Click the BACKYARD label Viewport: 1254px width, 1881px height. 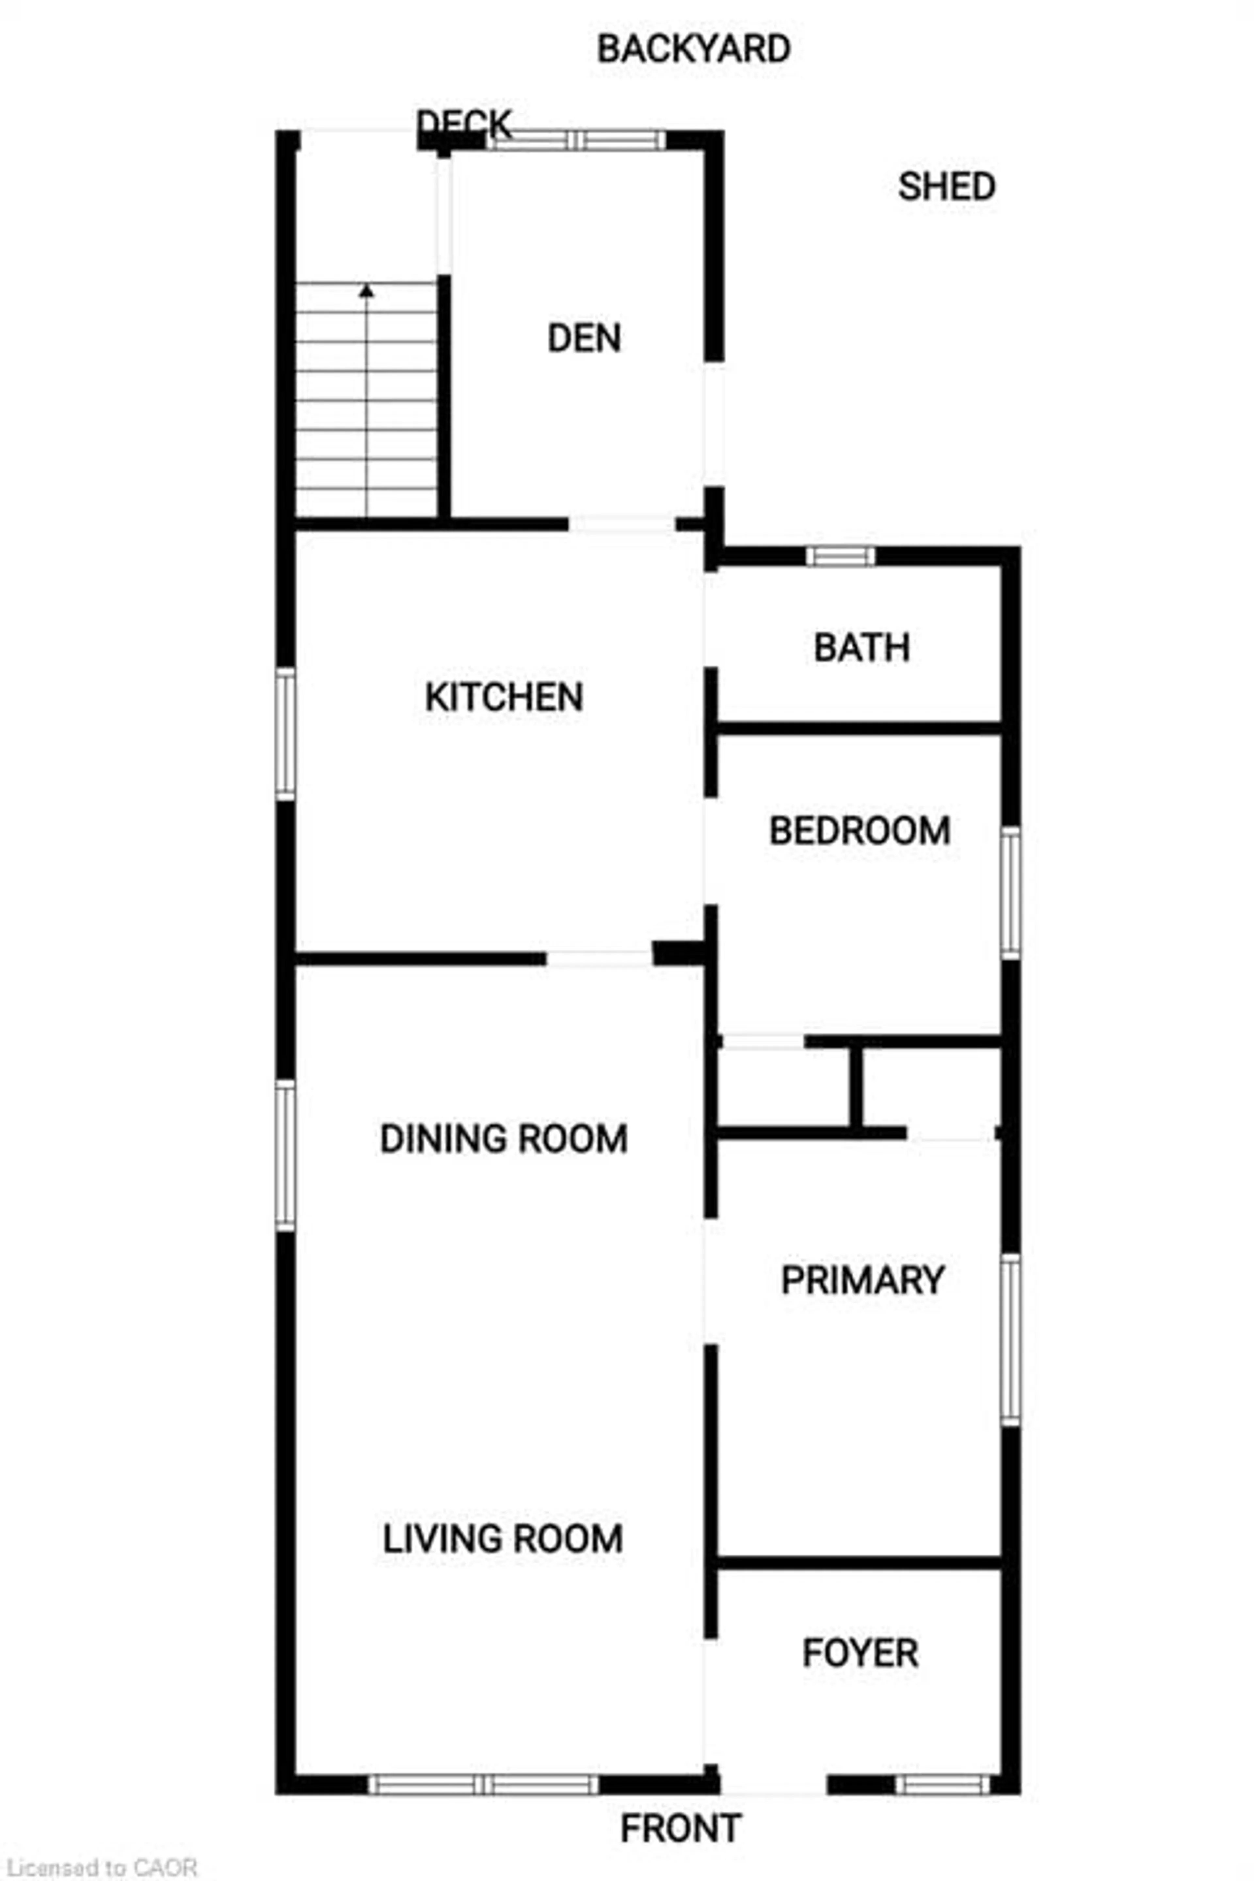coord(693,50)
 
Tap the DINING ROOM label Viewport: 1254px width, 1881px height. coord(504,1139)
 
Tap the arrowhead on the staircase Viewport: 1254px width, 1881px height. coord(366,291)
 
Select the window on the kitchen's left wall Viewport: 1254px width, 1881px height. coord(285,733)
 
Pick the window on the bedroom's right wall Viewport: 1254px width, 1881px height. coord(1011,893)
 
